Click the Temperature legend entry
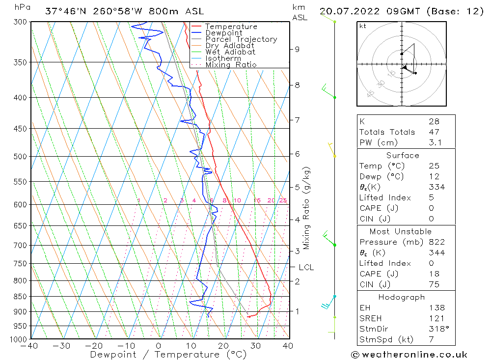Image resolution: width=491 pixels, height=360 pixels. pyautogui.click(x=231, y=27)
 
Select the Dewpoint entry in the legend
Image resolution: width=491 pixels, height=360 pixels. pyautogui.click(x=223, y=33)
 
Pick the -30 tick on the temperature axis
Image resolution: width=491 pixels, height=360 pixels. pyautogui.click(x=62, y=346)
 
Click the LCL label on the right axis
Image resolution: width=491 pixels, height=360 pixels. pyautogui.click(x=306, y=267)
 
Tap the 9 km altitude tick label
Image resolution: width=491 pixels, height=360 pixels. pyautogui.click(x=297, y=49)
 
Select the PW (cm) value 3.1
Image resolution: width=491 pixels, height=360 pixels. pyautogui.click(x=435, y=142)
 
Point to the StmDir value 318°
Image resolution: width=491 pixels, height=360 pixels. pyautogui.click(x=437, y=329)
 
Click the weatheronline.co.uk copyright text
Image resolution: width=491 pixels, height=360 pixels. pyautogui.click(x=409, y=354)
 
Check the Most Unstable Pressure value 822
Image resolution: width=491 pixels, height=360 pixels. pyautogui.click(x=436, y=242)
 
